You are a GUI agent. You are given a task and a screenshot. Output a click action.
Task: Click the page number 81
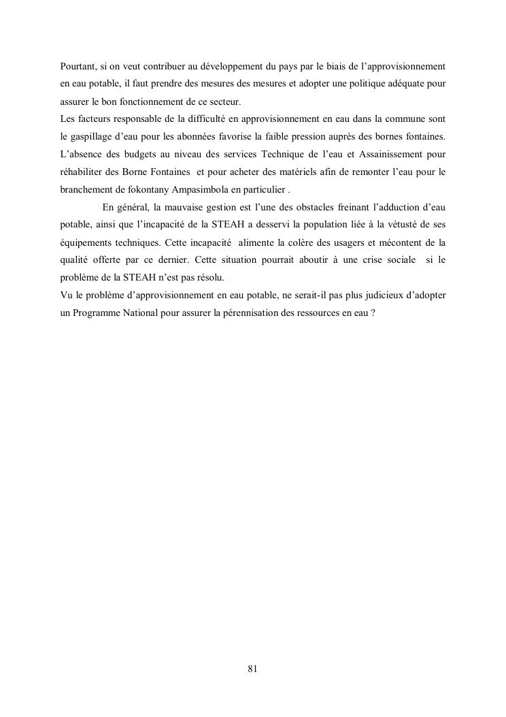pos(252,669)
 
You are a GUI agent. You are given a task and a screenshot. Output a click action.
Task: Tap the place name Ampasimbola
pos(203,191)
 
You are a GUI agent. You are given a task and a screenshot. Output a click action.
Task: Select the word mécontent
pos(403,243)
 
